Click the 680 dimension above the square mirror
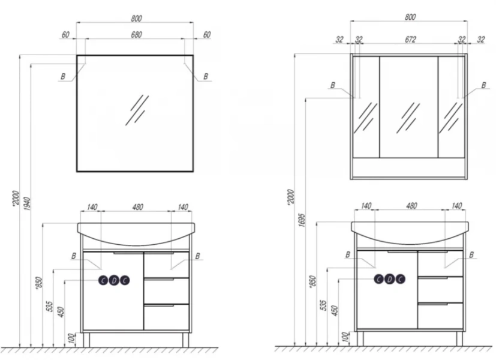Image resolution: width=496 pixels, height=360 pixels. pos(136,34)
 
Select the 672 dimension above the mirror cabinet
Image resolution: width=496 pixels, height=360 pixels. pos(410,40)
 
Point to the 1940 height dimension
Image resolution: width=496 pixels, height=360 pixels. pos(27,204)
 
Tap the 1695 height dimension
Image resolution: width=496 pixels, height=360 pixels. pos(302,220)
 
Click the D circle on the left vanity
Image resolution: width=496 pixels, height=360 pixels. pos(114,280)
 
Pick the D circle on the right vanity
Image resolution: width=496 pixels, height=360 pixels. pos(389,279)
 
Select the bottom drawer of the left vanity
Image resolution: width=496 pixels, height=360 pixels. pos(166,317)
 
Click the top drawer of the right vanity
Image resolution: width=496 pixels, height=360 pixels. pos(440,263)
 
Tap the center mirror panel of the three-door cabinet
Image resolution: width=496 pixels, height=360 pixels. pos(408,107)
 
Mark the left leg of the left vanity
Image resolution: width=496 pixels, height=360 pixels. pos(86,340)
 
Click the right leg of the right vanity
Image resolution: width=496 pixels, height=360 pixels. pos(459,338)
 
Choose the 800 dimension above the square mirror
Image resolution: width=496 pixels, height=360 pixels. pos(136,19)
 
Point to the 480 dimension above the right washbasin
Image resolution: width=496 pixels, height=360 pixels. pos(411,206)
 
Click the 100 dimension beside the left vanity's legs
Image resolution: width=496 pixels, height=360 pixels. pos(72,338)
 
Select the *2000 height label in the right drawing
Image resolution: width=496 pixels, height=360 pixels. pos(291,197)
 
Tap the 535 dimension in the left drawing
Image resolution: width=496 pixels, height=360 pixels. pos(50,307)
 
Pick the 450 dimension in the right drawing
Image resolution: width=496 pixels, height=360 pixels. pos(335,311)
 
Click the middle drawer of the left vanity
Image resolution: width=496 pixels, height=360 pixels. pos(166,291)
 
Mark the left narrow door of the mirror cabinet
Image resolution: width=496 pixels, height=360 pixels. pos(366,107)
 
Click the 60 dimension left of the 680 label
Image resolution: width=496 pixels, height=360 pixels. pos(65,34)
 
